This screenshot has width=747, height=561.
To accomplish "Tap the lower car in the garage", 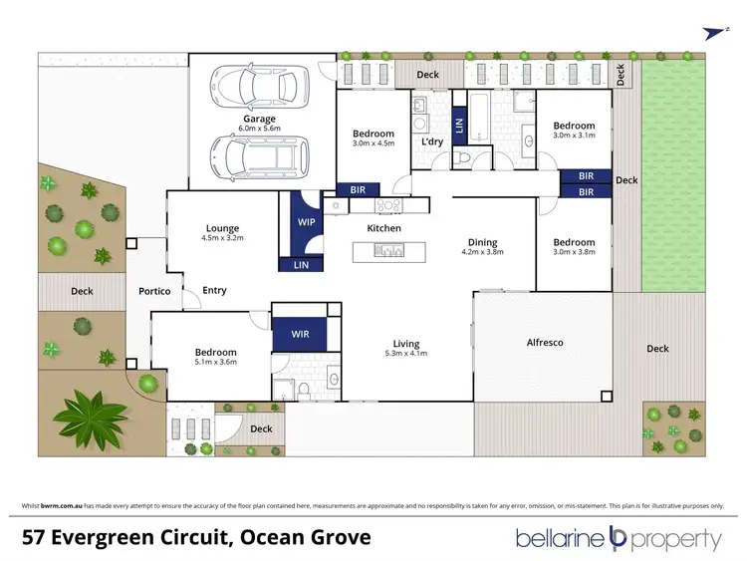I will pos(258,155).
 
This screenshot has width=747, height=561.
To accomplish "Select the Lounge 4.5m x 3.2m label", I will pos(222,233).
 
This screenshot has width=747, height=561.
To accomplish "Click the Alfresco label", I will pos(544,343).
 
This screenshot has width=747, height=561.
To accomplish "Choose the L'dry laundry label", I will pos(432,142).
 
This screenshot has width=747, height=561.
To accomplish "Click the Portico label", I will pos(155,291).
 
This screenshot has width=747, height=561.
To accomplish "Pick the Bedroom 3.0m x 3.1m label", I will pos(573,130).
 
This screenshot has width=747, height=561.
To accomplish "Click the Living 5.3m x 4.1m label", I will pos(404,348).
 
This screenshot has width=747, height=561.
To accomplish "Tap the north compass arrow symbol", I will pos(712,32).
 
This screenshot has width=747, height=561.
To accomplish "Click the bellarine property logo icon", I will pos(618,539).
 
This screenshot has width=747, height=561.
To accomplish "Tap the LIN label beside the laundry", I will pos(459,125).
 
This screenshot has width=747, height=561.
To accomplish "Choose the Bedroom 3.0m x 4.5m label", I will pos(374,139).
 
